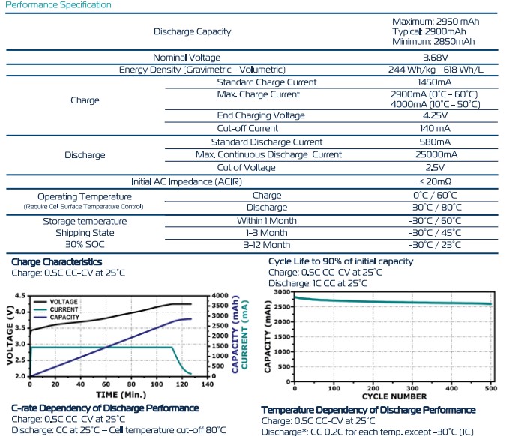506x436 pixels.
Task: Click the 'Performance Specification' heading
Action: pos(58,5)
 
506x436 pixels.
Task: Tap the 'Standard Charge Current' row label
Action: pos(266,82)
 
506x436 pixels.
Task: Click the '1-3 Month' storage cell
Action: pos(266,233)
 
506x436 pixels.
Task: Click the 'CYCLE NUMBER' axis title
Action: pos(394,396)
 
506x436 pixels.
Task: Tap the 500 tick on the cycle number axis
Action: pos(491,387)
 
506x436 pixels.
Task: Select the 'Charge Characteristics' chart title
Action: pos(57,261)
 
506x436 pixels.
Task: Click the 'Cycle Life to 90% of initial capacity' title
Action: pos(340,261)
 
